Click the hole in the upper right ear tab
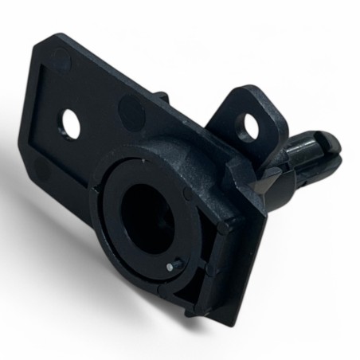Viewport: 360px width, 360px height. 249,126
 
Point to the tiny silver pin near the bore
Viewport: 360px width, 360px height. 170,268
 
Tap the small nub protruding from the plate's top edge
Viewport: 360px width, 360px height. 162,96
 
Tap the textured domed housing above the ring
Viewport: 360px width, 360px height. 171,159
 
